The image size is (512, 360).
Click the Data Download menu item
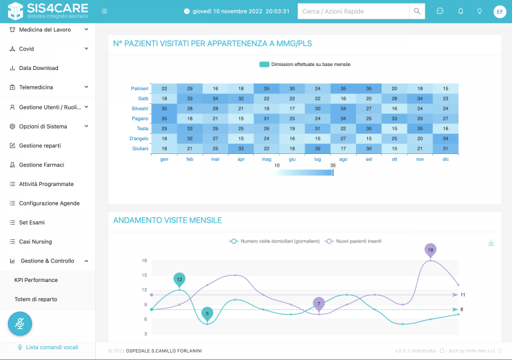pyautogui.click(x=38, y=68)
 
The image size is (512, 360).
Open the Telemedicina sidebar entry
pyautogui.click(x=45, y=87)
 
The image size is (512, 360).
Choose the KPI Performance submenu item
pyautogui.click(x=36, y=280)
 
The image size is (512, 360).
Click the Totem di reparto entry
pyautogui.click(x=35, y=299)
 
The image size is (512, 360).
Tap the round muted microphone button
pyautogui.click(x=21, y=324)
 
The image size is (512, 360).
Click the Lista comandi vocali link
pyautogui.click(x=51, y=347)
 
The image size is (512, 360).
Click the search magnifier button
pyautogui.click(x=417, y=11)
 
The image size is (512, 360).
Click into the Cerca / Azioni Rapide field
pyautogui.click(x=353, y=11)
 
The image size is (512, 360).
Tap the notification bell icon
pyautogui.click(x=460, y=11)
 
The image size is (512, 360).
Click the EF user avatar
pyautogui.click(x=499, y=11)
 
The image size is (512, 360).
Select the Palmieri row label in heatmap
pyautogui.click(x=139, y=89)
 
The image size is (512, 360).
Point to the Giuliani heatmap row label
pyautogui.click(x=140, y=149)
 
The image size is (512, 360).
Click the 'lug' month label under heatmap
pyautogui.click(x=317, y=159)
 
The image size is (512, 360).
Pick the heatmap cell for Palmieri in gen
pyautogui.click(x=164, y=89)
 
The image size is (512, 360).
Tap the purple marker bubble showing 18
pyautogui.click(x=431, y=250)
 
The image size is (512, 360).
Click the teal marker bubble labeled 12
pyautogui.click(x=179, y=279)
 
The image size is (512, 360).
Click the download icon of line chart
pyautogui.click(x=491, y=243)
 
